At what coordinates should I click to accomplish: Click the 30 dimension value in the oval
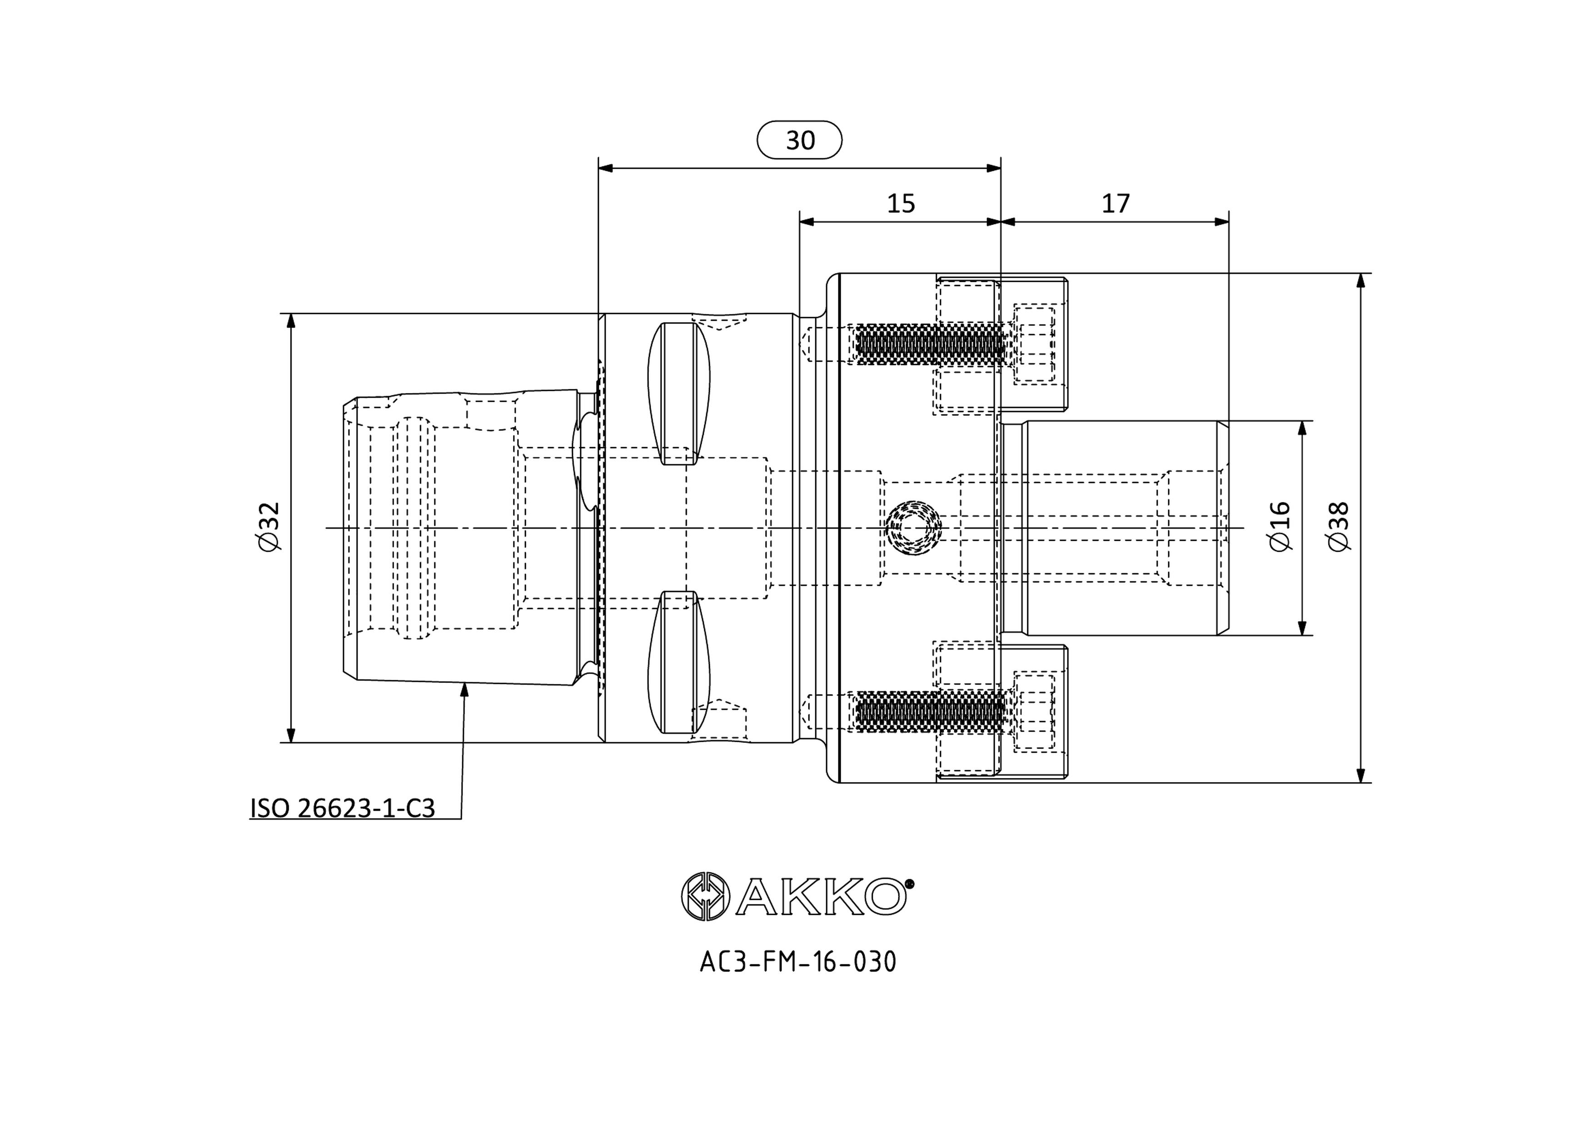coord(800,140)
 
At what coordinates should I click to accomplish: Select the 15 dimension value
coord(901,204)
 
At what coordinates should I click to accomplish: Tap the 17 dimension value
coord(1116,204)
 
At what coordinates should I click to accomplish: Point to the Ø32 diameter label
coord(269,526)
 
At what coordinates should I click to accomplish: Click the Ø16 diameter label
coord(1280,526)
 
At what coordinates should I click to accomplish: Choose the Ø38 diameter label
coord(1339,526)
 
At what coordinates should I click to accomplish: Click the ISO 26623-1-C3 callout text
coord(342,808)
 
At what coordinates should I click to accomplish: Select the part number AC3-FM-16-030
coord(798,962)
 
